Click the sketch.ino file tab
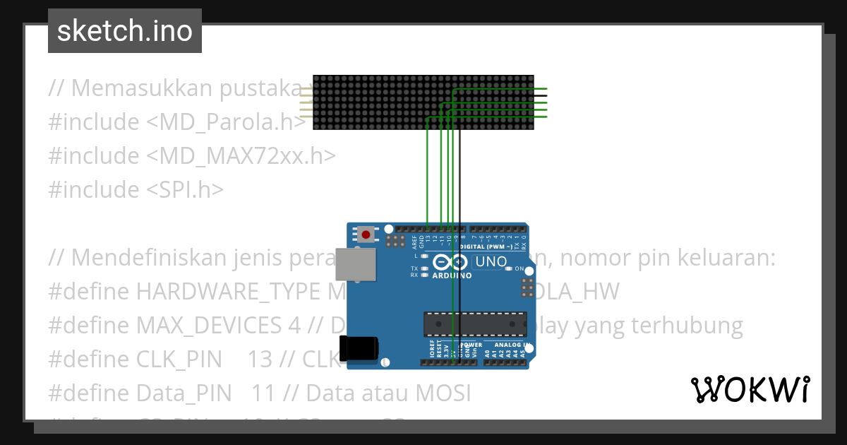point(125,31)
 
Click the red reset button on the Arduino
point(366,234)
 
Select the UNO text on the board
point(492,262)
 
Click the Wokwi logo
point(750,389)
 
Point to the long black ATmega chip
point(474,324)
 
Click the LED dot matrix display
point(423,102)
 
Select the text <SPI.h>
point(185,189)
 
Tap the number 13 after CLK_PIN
point(260,360)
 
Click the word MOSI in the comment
point(441,393)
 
